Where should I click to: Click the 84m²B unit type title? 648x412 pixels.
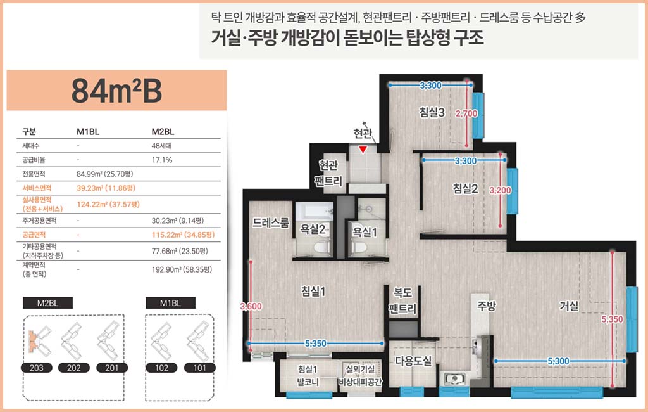(116, 91)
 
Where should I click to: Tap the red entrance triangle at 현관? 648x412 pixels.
(363, 150)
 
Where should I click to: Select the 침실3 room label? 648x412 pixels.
(432, 112)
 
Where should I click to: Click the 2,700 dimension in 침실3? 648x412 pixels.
(466, 113)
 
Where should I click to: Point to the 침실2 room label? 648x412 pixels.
(465, 188)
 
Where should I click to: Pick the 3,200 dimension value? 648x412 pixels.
(500, 191)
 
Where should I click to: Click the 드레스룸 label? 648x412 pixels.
(271, 222)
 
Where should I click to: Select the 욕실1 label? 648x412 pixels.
(364, 232)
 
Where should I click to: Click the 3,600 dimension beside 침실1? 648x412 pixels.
(251, 306)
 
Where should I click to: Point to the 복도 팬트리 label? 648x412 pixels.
(402, 301)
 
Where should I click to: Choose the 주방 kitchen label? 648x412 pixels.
(486, 306)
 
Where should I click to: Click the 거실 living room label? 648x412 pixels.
(569, 306)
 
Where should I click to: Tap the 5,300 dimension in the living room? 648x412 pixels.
(558, 361)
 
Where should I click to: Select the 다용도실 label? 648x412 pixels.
(413, 361)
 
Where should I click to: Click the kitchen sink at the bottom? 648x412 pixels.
(454, 379)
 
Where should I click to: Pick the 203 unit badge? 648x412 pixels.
(36, 368)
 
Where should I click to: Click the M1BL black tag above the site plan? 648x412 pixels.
(170, 303)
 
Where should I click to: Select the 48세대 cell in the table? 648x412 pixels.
(161, 146)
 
